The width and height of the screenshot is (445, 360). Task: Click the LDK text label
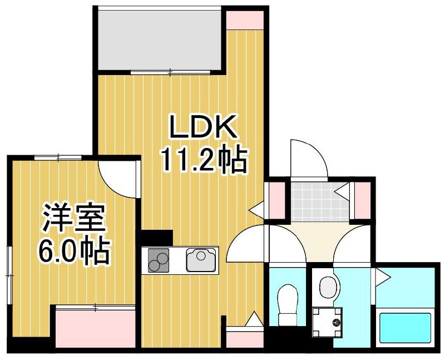coord(204,129)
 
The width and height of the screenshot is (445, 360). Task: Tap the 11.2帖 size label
coord(204,161)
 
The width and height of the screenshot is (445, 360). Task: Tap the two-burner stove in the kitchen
coord(157,260)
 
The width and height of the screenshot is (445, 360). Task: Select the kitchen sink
coord(201,260)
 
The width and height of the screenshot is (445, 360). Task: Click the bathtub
coord(405,328)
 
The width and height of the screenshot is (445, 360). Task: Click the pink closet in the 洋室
coord(96,328)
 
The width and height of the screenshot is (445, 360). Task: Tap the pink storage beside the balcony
coord(245,17)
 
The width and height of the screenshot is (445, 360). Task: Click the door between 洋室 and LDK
coord(120,178)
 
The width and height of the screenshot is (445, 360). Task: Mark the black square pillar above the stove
coord(157,238)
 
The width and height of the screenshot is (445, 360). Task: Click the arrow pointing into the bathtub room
coord(382,275)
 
